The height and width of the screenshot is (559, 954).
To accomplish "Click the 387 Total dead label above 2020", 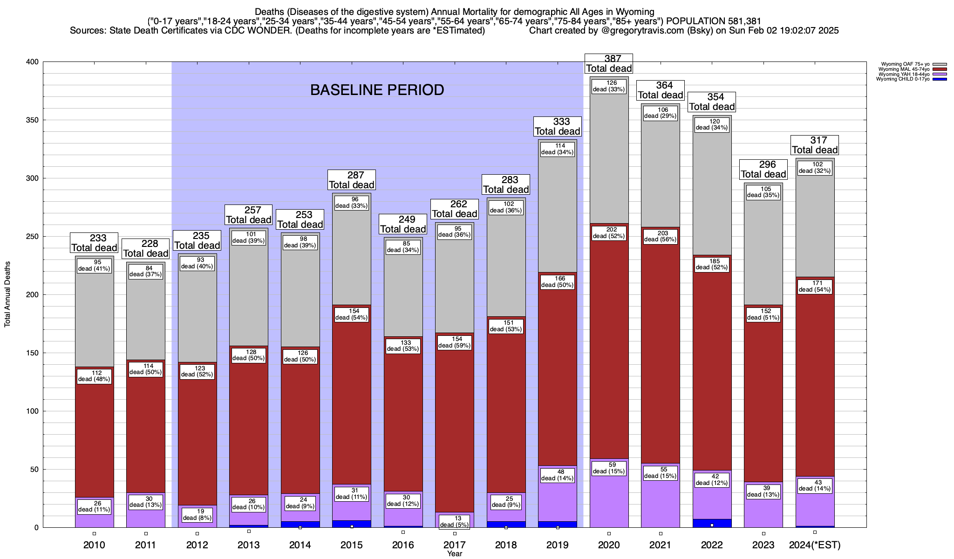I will tap(609, 63).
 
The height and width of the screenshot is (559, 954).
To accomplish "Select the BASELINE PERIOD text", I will tap(377, 90).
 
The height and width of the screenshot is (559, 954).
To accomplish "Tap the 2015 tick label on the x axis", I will tap(352, 545).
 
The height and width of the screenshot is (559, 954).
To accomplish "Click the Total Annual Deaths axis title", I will tap(7, 294).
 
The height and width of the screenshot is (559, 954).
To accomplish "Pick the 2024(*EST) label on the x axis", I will tap(815, 545).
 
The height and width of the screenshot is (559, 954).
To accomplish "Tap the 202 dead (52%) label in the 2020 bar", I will tap(609, 233).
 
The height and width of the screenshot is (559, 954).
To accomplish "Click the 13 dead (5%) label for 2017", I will tap(455, 522).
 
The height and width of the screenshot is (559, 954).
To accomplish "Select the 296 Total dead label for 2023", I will tap(763, 170).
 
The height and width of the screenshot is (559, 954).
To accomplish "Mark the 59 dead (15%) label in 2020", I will tap(609, 468).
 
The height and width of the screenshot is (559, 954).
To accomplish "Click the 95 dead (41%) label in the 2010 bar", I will tap(94, 266).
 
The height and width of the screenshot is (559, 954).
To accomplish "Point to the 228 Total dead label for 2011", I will tap(146, 249).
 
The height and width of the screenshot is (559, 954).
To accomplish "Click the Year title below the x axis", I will tap(455, 554).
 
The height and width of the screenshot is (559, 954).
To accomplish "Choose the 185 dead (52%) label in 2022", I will tap(712, 264).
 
